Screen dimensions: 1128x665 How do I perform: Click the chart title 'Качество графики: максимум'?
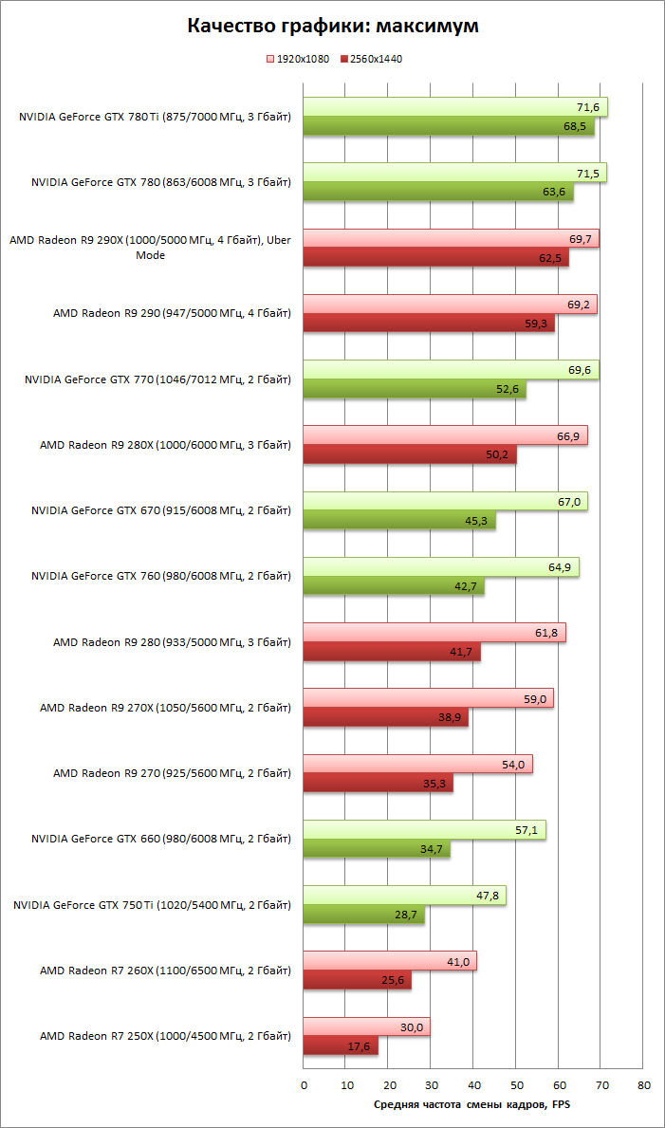coord(332,26)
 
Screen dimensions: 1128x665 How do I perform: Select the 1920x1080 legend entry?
coord(299,59)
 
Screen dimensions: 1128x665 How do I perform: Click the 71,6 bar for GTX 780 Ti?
coord(455,107)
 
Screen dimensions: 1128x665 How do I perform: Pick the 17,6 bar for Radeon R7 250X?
coord(341,1045)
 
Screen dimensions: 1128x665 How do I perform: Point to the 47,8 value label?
coord(490,896)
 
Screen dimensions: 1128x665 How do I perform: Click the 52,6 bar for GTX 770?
coord(415,389)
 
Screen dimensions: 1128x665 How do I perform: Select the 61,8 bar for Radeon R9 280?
coord(434,633)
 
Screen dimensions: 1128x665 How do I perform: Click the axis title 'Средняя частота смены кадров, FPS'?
coord(471,1103)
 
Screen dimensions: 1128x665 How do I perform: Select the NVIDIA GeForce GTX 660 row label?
coord(161,839)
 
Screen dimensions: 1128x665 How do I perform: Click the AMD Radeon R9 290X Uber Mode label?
coord(151,247)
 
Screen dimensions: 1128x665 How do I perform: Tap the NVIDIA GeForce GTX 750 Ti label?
coord(152,905)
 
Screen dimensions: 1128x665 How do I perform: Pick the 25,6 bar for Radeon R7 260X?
coord(357,980)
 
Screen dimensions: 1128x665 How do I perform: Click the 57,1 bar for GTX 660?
coord(424,830)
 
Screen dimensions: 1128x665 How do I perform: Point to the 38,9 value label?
coord(452,718)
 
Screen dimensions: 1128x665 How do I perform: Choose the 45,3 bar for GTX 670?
coord(399,521)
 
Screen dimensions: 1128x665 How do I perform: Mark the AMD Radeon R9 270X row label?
coord(165,708)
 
